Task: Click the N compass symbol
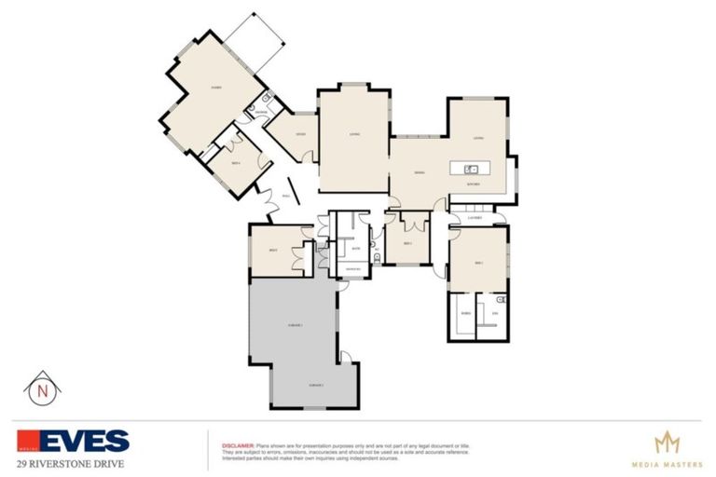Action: (41, 388)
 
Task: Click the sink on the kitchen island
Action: (472, 169)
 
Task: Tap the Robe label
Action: (464, 315)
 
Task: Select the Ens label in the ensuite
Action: (495, 315)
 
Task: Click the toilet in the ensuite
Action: (501, 300)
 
